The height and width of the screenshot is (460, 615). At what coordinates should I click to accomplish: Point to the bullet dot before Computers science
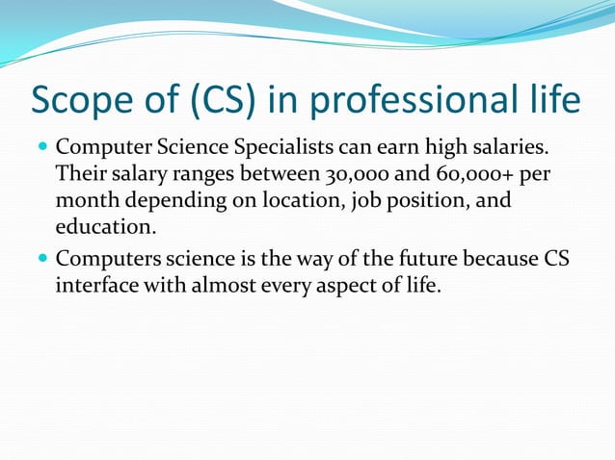coord(40,259)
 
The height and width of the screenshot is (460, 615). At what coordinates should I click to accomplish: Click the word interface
coord(98,285)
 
